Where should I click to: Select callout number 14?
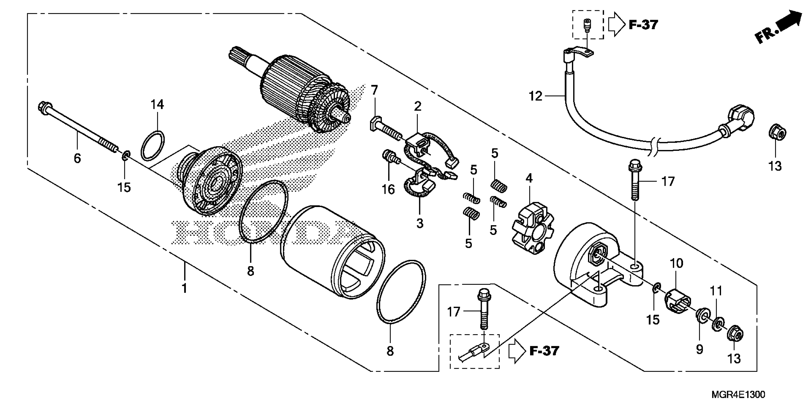pyautogui.click(x=157, y=104)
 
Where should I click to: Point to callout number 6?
pyautogui.click(x=77, y=158)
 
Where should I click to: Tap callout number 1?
pyautogui.click(x=184, y=288)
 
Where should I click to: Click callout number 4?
pyautogui.click(x=529, y=178)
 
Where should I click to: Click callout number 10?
pyautogui.click(x=676, y=263)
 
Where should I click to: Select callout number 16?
pyautogui.click(x=388, y=189)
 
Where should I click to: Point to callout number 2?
pyautogui.click(x=418, y=106)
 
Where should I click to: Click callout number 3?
pyautogui.click(x=420, y=223)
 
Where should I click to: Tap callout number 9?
pyautogui.click(x=700, y=349)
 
